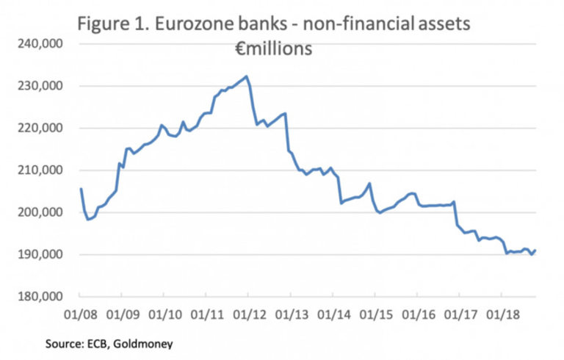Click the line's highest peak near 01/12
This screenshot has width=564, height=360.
coord(247,76)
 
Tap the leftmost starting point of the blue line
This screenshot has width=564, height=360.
coord(81,189)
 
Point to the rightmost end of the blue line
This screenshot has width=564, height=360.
coord(535,251)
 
